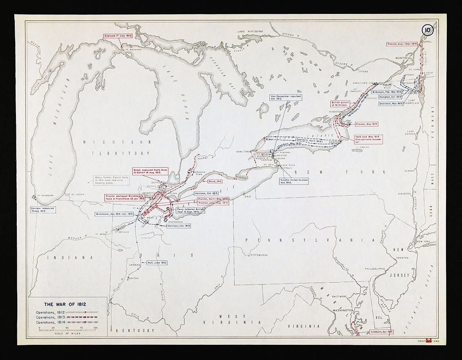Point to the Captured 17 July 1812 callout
(x=118, y=36)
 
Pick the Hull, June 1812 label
(x=157, y=263)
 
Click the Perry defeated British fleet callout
(x=190, y=210)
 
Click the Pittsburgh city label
(x=257, y=255)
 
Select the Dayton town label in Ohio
(x=133, y=278)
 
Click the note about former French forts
(x=110, y=180)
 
